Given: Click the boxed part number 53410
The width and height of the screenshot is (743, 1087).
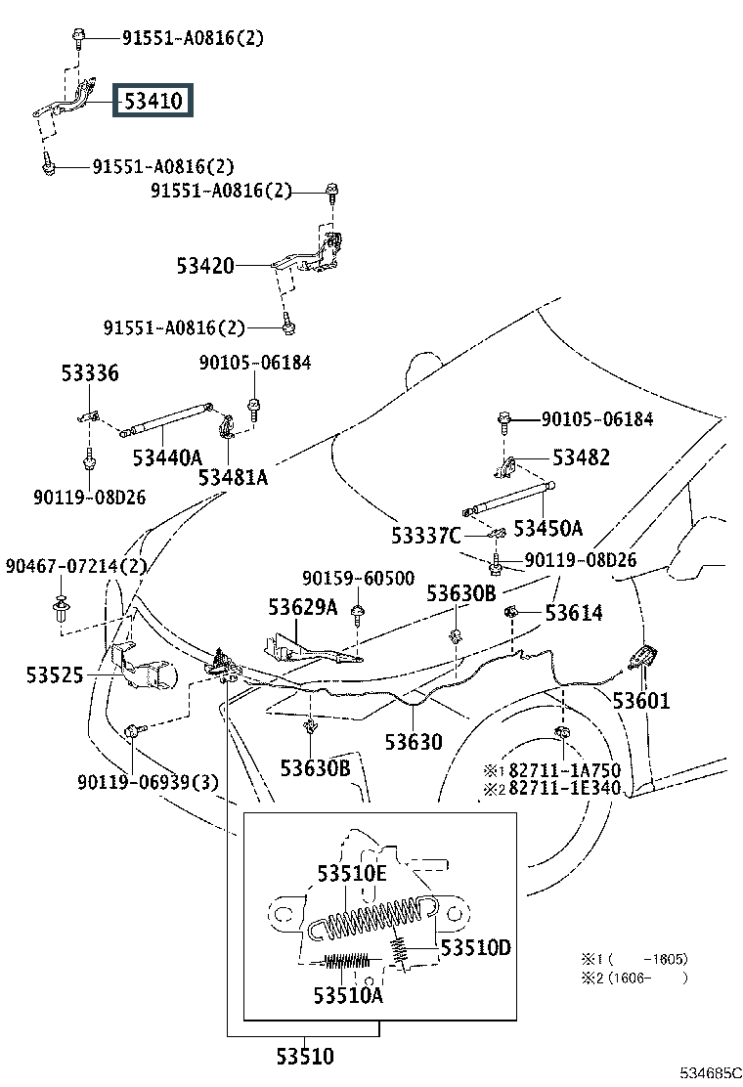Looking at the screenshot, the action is [x=153, y=102].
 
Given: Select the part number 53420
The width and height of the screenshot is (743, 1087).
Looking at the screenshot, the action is [x=205, y=266].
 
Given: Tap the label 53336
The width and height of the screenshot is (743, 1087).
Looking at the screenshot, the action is [x=90, y=373].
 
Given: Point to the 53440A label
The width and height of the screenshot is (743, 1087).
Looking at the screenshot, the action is [x=167, y=457].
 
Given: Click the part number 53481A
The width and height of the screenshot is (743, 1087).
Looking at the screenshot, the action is [x=233, y=478].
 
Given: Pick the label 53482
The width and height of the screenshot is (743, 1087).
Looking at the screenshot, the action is [x=581, y=457].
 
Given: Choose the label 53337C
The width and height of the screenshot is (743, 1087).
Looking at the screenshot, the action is [x=425, y=536].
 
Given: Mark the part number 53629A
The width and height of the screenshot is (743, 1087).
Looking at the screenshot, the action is [x=303, y=607].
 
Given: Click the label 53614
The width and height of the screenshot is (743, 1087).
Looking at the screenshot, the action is [x=574, y=613].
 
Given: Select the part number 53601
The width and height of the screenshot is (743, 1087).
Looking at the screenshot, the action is [x=641, y=701].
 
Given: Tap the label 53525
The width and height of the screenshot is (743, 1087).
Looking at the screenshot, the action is [x=55, y=675].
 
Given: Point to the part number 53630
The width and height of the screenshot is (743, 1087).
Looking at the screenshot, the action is [x=414, y=743].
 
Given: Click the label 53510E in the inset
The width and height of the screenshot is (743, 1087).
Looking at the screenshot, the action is [x=352, y=874].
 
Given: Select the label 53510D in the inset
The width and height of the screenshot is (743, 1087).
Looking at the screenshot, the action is [x=475, y=947].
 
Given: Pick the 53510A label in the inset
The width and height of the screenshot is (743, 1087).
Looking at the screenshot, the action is [x=348, y=996].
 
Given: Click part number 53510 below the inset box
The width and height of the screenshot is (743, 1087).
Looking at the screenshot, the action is [x=305, y=1057].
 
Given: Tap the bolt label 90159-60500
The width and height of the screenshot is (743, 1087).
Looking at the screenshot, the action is [x=359, y=578].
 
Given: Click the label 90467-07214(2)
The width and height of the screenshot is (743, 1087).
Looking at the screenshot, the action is [x=76, y=566].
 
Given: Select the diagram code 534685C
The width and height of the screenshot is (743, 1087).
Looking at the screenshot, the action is [x=711, y=1073].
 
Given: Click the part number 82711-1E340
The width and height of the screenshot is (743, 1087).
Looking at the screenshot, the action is [x=565, y=788].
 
